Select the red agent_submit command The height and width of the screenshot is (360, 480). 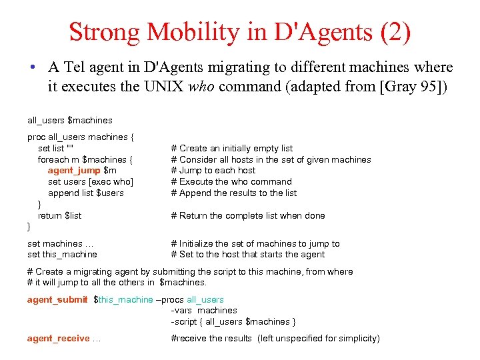point(57,299)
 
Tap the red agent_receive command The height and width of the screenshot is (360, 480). point(58,338)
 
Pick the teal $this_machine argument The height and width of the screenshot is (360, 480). point(125,299)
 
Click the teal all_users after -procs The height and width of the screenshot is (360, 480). point(205,299)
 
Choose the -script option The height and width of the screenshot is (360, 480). point(185,321)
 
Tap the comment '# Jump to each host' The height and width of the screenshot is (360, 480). point(213,171)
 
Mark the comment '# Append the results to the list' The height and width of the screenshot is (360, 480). point(234,193)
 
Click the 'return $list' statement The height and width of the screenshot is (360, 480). point(59,215)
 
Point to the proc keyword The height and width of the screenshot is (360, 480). point(36,137)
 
